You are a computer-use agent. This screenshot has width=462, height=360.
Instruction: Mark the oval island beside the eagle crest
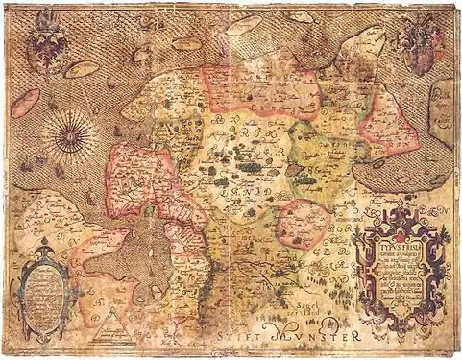coord(84,70)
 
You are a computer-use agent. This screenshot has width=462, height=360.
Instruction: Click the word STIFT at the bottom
coord(231,335)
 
